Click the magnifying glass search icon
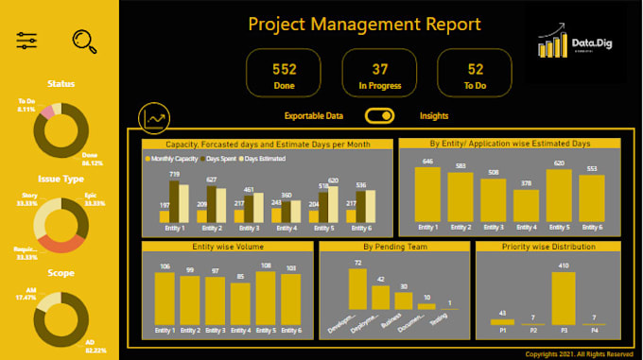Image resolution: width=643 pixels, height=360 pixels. [x=86, y=40]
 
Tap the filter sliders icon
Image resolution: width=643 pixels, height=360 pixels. [x=27, y=40]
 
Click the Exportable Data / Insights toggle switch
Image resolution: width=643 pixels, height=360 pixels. [x=380, y=116]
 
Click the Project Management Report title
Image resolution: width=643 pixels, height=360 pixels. [x=364, y=25]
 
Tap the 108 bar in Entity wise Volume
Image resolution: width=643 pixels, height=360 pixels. [x=266, y=298]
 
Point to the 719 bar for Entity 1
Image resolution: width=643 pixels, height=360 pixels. [x=174, y=200]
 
